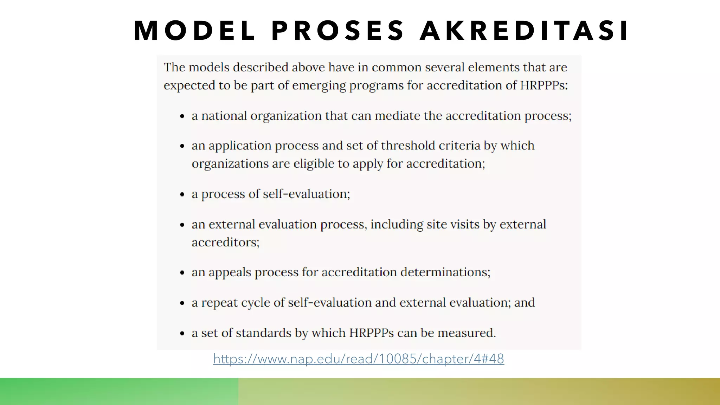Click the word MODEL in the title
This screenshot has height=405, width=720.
[194, 31]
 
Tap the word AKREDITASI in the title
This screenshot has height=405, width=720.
[524, 31]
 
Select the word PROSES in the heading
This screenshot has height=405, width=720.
[338, 31]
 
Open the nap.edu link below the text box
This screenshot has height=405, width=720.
[359, 359]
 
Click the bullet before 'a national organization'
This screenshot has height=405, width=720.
[182, 117]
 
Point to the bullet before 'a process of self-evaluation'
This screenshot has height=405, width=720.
[182, 195]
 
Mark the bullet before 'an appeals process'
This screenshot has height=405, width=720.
[182, 273]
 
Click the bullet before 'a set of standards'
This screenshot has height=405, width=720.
[182, 334]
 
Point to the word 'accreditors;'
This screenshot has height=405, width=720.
[225, 242]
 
